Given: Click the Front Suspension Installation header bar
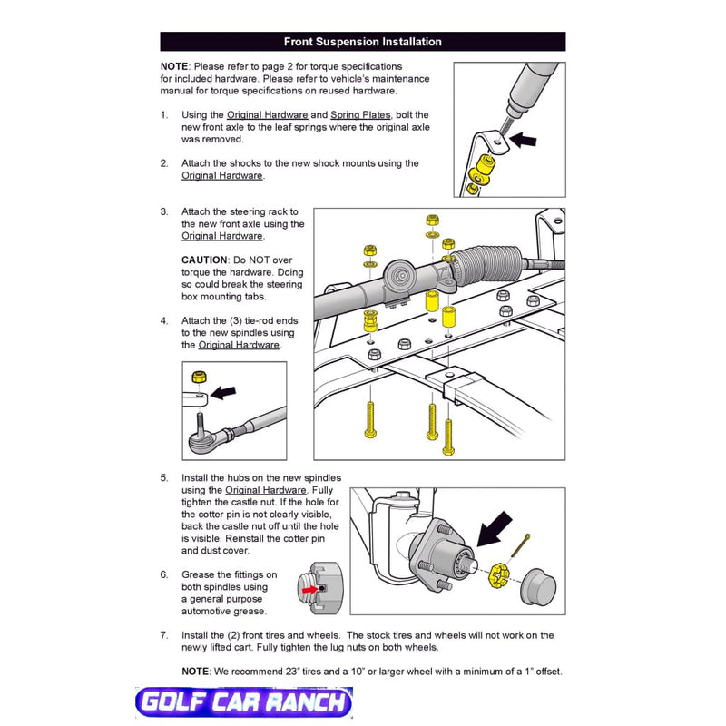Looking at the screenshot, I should [x=362, y=42].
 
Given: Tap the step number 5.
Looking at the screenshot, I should [x=164, y=477].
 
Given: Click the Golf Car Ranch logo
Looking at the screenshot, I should [x=242, y=702].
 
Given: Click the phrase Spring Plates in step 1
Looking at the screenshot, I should [x=360, y=115].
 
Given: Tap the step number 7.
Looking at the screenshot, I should [x=164, y=635].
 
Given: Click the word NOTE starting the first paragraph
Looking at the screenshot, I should [x=174, y=67].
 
